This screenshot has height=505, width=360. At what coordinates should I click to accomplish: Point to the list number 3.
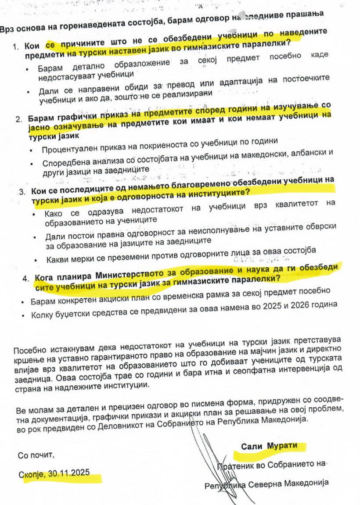(23, 192)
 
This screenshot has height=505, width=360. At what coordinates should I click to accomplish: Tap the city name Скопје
(32, 474)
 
